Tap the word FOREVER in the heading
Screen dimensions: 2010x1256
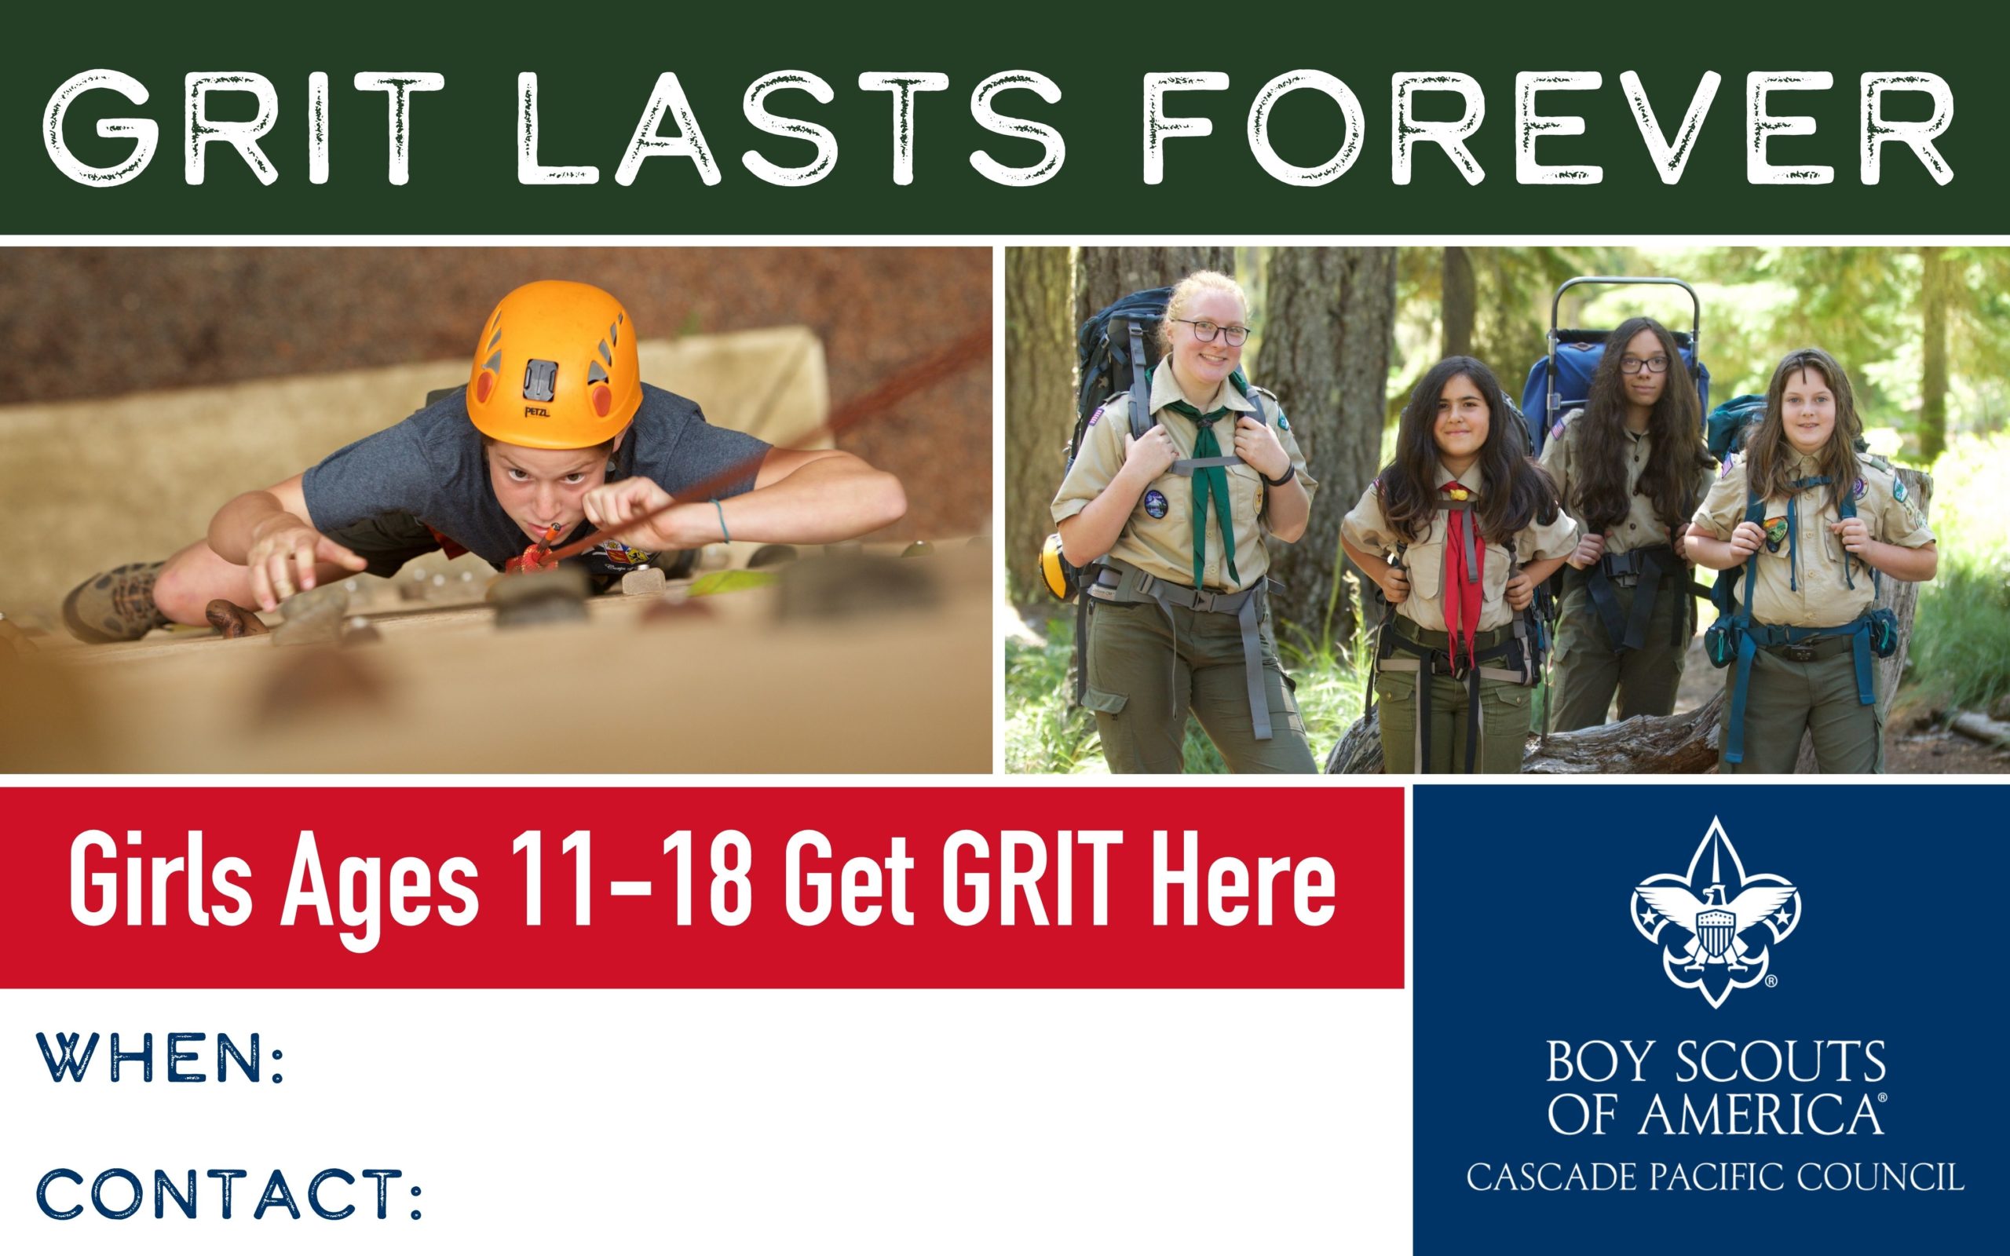point(1550,127)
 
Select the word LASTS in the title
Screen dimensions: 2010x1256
point(790,127)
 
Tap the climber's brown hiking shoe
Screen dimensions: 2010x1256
point(117,600)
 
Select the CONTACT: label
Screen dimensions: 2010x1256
point(228,1194)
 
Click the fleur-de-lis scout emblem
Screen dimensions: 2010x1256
point(1714,911)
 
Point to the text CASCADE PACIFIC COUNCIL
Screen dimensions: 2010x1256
point(1715,1177)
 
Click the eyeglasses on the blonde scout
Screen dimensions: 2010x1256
point(1212,331)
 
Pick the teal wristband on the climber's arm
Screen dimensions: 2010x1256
point(721,520)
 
